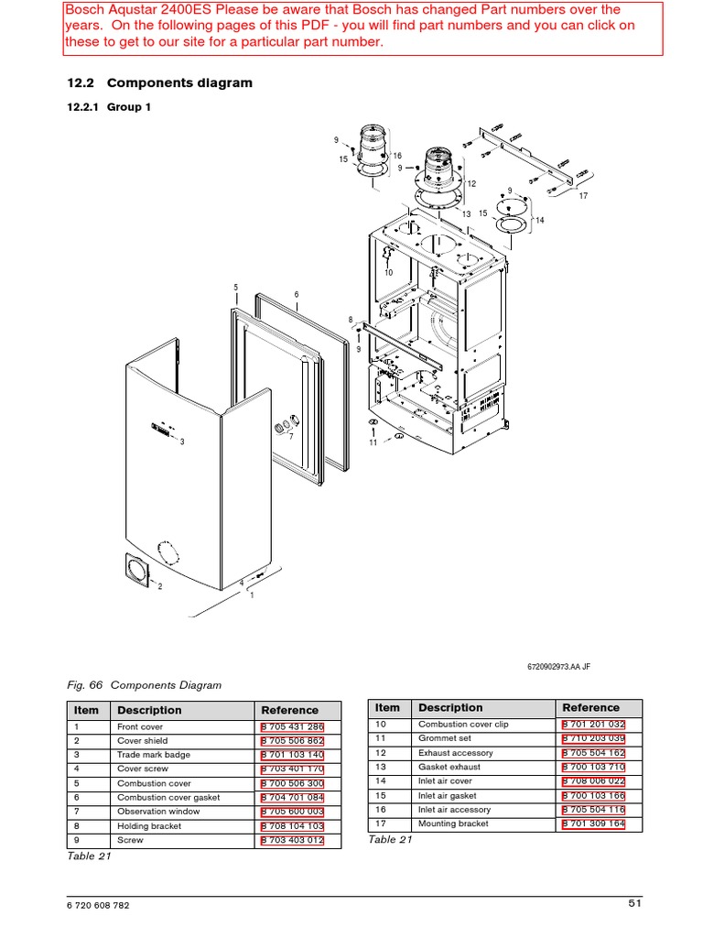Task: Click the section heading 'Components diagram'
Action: (179, 83)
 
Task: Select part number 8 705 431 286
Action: (292, 726)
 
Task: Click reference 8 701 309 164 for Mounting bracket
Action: (593, 824)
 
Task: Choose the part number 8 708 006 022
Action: (593, 781)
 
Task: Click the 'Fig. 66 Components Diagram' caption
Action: (145, 684)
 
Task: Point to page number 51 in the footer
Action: (635, 904)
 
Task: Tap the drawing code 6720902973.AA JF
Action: (559, 667)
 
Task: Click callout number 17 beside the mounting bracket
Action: (583, 196)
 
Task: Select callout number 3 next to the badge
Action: (182, 442)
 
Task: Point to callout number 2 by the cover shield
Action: (159, 587)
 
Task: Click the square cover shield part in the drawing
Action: (135, 573)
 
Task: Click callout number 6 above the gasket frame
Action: (297, 294)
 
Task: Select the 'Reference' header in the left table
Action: (289, 710)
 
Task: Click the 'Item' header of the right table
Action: (387, 707)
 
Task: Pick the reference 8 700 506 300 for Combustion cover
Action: (292, 784)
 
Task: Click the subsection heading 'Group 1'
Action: (129, 107)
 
